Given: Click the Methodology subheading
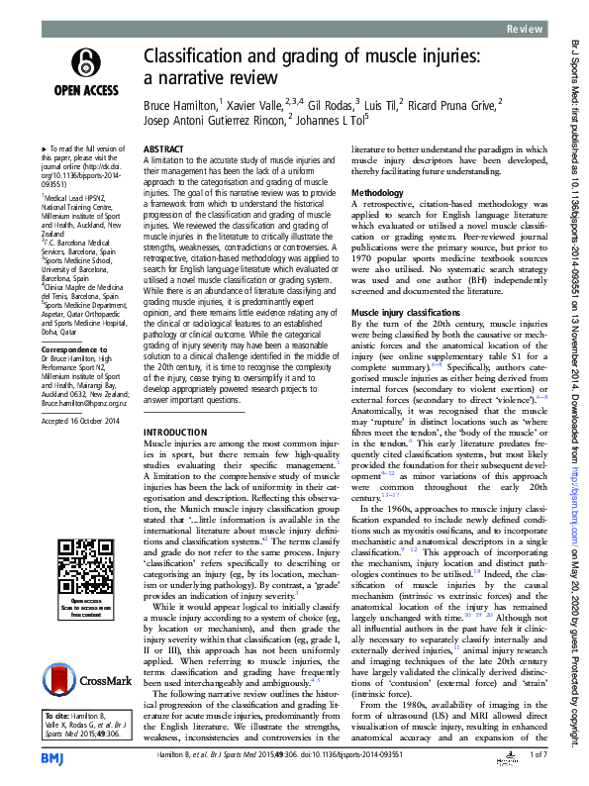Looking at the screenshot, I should [378, 191].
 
